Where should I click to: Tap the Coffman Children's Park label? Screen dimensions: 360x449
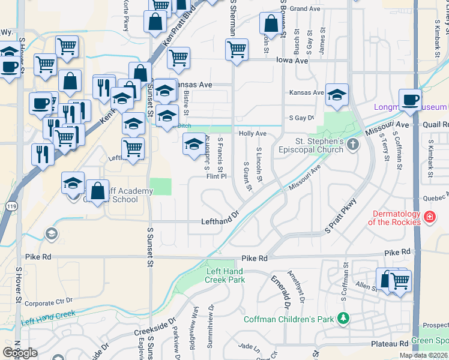288,319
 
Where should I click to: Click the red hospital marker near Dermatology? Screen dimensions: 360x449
429,216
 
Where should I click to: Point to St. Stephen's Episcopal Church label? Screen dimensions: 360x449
310,146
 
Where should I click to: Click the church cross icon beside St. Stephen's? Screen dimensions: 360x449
353,143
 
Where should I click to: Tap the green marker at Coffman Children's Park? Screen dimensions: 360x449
343,317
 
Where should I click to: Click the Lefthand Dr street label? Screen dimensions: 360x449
220,221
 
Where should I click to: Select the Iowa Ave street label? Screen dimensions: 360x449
292,61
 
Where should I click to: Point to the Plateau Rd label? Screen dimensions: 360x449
390,344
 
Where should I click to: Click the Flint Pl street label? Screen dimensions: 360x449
216,177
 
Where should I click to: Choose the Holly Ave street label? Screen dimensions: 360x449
252,134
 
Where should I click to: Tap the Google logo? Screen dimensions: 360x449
20,352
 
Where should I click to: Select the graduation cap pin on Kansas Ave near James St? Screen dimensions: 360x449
337,94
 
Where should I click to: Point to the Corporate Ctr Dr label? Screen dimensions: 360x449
49,301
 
